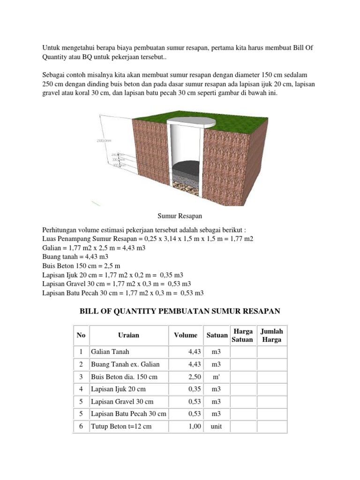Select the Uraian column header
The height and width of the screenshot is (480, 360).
(x=128, y=335)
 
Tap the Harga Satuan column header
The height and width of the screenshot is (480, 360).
(x=242, y=335)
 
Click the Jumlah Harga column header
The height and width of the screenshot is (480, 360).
(x=272, y=335)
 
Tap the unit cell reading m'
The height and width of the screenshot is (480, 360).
(x=216, y=377)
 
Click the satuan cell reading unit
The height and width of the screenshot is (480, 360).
(x=216, y=427)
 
